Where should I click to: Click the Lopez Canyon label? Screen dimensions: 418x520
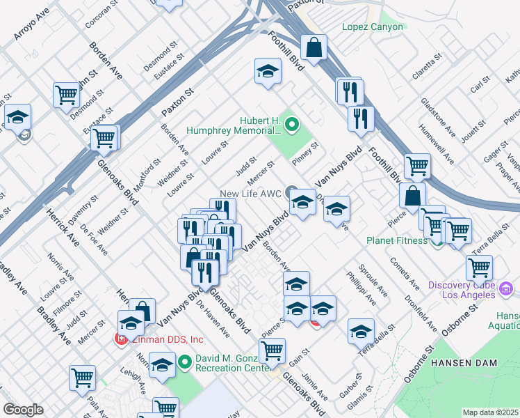point(372,27)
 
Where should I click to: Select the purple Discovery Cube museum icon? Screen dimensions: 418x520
point(506,288)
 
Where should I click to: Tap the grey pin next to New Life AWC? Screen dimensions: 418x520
point(291,193)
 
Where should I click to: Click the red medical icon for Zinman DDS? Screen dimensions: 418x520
point(120,339)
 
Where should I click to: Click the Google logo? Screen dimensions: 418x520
point(23,410)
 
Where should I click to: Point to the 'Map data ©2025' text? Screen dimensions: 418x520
point(490,412)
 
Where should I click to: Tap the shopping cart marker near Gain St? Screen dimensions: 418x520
point(272,350)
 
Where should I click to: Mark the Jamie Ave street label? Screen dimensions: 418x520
point(316,383)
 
